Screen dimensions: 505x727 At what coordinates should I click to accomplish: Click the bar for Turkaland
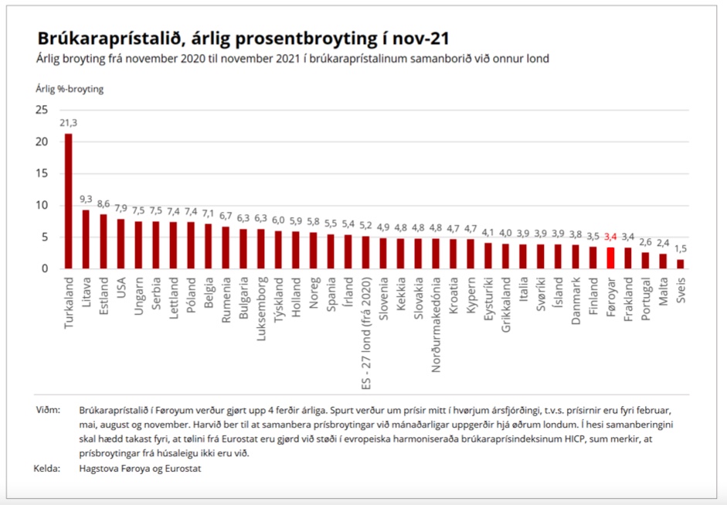click(x=68, y=201)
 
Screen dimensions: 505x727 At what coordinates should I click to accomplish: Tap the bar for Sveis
click(x=680, y=264)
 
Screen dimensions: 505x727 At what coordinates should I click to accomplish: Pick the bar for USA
click(x=121, y=244)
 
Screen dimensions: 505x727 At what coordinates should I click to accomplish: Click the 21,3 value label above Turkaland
click(x=69, y=123)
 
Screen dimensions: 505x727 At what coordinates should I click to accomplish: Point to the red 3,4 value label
click(x=610, y=237)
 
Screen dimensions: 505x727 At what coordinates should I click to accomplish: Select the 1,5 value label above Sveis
click(x=680, y=248)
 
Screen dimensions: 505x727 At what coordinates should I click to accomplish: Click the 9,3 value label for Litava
click(x=86, y=199)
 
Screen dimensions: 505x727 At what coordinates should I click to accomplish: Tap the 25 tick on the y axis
click(x=42, y=110)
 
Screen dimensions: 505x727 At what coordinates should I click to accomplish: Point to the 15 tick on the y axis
click(x=42, y=173)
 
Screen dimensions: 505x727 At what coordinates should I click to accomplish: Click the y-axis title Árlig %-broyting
click(x=70, y=89)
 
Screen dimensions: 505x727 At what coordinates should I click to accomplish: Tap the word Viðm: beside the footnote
click(x=48, y=409)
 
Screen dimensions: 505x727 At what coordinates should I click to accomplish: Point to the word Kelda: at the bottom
click(x=47, y=469)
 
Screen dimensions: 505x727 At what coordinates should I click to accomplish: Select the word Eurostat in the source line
click(x=180, y=469)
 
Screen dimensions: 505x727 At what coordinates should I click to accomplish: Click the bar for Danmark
click(x=575, y=257)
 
